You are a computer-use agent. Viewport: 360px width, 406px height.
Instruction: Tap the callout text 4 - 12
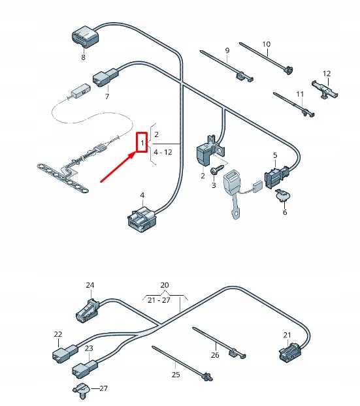(x=162, y=152)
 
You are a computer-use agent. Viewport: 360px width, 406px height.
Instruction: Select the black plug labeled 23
(x=81, y=368)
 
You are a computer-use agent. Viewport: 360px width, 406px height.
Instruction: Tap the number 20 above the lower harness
(x=165, y=285)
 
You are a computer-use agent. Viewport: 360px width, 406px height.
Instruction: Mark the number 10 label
(x=266, y=44)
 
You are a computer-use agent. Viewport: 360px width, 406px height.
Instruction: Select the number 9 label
(x=227, y=50)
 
